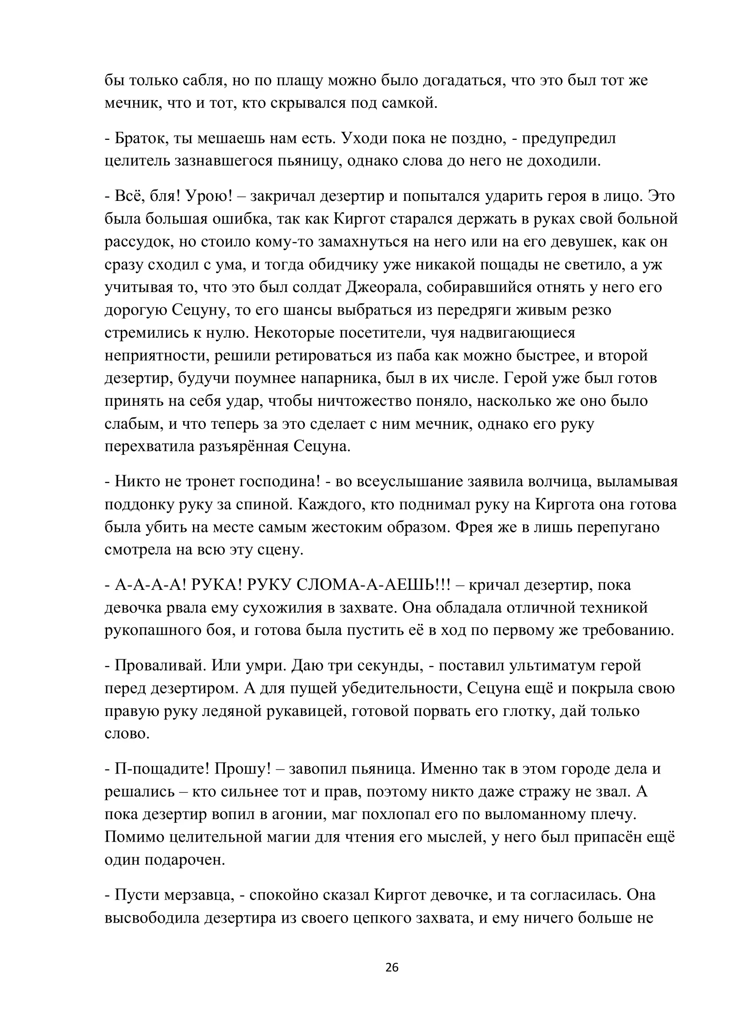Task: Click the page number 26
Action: click(x=392, y=967)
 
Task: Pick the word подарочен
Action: click(x=185, y=860)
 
